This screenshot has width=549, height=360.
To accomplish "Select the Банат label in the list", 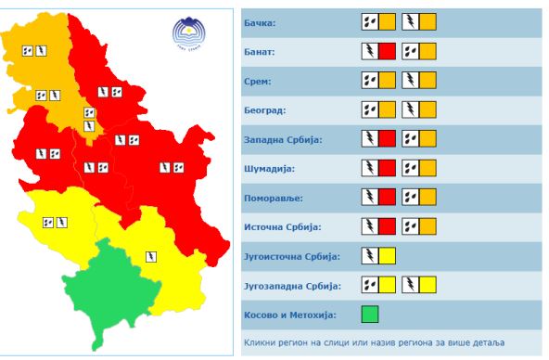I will [260, 50].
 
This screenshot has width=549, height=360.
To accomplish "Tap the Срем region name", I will [257, 80].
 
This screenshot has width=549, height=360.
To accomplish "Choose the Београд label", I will [264, 109].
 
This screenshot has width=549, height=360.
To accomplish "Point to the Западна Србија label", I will [281, 139].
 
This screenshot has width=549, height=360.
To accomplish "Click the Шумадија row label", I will [270, 168].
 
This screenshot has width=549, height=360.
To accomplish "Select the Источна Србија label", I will [281, 227].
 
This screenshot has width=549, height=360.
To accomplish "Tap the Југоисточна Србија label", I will [291, 256].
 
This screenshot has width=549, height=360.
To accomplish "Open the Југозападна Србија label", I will [293, 286].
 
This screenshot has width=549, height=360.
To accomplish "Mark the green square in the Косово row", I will [370, 315].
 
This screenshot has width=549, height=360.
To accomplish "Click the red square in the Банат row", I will [387, 50].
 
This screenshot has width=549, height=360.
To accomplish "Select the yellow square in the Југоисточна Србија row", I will [387, 256].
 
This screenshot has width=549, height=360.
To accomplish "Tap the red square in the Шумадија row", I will [387, 168].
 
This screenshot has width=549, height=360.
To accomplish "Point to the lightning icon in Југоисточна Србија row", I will [369, 256].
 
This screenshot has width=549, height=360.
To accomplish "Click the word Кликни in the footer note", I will [261, 343].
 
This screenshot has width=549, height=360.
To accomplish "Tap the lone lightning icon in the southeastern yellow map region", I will [150, 257].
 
